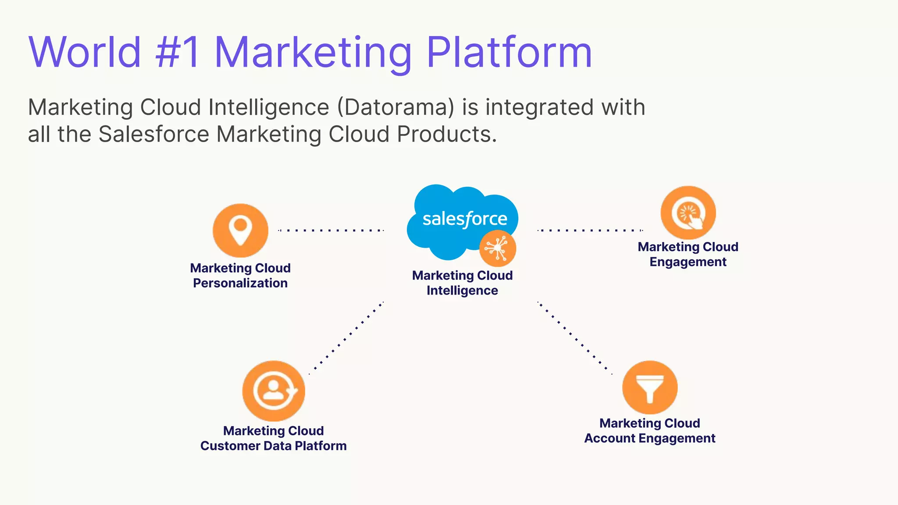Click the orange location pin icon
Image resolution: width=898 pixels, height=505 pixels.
click(240, 230)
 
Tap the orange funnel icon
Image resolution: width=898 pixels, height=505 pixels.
click(650, 388)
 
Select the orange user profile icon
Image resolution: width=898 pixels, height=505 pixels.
click(274, 391)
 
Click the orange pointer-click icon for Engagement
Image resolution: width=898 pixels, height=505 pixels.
click(688, 213)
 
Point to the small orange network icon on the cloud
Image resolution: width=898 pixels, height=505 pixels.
click(497, 249)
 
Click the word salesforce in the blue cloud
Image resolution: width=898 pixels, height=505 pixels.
click(465, 219)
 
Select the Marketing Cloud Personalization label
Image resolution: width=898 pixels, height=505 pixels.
click(240, 275)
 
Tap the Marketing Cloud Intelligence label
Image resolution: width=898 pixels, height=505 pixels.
click(462, 283)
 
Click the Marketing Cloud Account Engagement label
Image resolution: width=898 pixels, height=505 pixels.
click(649, 430)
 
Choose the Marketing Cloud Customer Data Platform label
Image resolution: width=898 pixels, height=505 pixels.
click(273, 438)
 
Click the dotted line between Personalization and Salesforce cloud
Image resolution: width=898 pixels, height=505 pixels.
click(331, 230)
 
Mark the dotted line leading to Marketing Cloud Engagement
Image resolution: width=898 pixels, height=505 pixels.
click(590, 230)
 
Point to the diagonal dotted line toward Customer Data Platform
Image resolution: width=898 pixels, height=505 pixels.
click(347, 338)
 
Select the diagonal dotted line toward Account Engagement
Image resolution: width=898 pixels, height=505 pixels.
click(575, 338)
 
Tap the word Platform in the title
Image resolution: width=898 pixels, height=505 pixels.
click(509, 53)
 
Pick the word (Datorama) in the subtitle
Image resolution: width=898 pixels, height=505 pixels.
click(396, 107)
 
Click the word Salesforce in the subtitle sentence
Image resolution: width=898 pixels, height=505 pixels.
click(154, 134)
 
